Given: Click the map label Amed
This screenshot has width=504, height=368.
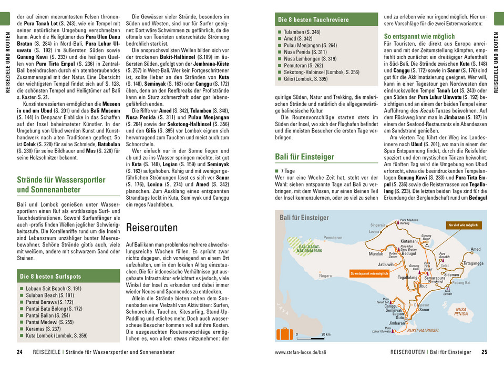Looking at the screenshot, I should point(476,249).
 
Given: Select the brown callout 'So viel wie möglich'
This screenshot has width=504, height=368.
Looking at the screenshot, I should point(463,225).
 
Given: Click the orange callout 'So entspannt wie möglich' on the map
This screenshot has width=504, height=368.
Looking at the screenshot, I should point(369,273).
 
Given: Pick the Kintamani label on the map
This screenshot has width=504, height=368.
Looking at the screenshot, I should point(409,241).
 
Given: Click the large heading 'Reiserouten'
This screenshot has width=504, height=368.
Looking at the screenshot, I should point(152,228).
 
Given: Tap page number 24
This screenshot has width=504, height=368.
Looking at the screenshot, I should point(19,352).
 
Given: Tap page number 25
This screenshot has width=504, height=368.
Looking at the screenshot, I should point(484,352).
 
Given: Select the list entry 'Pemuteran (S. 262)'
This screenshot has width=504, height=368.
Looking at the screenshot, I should point(303,66).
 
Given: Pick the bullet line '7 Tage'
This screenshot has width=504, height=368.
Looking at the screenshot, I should point(287,171).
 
